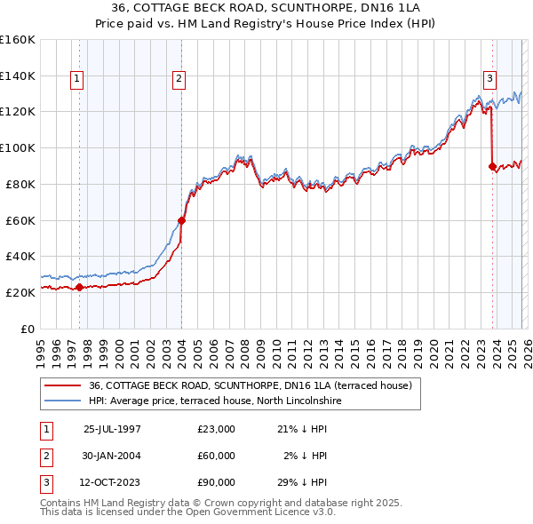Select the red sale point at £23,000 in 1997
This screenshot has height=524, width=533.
79,287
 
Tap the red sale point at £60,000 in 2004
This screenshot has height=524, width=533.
181,220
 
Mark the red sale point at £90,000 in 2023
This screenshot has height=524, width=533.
492,165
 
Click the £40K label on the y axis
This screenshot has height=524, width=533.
20,256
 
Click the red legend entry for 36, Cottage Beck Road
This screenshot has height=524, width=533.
250,386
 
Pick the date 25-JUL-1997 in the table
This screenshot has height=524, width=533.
112,429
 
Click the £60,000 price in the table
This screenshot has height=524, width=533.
217,456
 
